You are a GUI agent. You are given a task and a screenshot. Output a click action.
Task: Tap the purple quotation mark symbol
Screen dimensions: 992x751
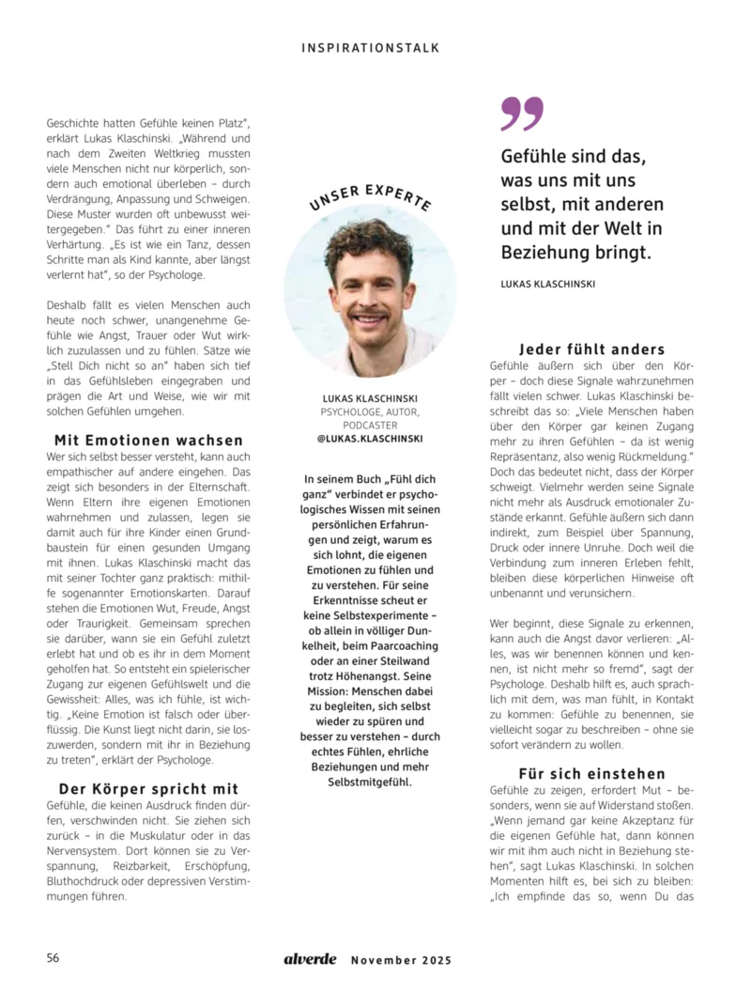522,114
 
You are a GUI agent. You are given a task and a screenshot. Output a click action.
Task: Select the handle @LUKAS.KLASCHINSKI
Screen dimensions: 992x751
370,439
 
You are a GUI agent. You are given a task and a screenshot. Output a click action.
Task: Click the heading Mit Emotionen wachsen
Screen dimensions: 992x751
148,440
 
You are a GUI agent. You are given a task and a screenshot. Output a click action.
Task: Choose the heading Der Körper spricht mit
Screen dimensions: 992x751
148,788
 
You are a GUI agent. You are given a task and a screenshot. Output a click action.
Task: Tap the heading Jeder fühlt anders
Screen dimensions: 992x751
592,349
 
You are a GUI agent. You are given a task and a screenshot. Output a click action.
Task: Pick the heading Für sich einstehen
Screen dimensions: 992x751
592,773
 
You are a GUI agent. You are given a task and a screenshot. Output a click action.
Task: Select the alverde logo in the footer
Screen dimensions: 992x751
310,959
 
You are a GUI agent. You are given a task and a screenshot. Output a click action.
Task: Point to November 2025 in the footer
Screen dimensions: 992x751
401,960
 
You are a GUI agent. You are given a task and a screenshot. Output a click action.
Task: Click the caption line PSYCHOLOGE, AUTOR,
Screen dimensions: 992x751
370,411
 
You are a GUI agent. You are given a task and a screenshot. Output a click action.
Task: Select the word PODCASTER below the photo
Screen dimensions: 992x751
370,425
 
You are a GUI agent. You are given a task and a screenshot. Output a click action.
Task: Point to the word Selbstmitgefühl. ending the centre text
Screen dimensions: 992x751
370,782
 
